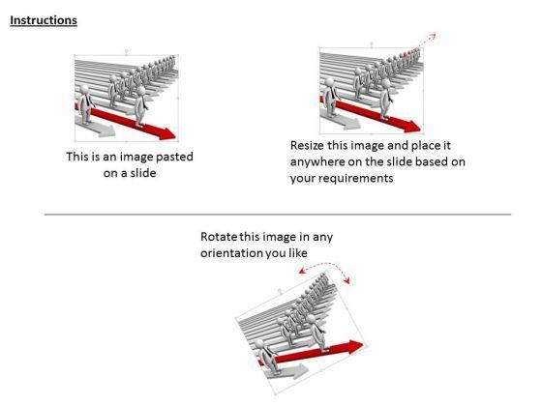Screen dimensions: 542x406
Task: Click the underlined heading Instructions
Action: pyautogui.click(x=44, y=20)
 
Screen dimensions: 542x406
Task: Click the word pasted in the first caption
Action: pyautogui.click(x=174, y=157)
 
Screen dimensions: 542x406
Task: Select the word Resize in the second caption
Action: pyautogui.click(x=307, y=145)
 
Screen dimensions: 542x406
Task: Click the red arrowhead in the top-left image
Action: pyautogui.click(x=166, y=133)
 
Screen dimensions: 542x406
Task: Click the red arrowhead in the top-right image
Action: pyautogui.click(x=412, y=127)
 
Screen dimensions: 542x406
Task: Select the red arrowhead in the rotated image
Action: pyautogui.click(x=353, y=346)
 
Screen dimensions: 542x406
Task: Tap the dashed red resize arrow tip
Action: pyautogui.click(x=434, y=35)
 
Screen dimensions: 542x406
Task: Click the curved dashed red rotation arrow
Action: pyautogui.click(x=325, y=267)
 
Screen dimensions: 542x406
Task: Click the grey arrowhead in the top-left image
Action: pyautogui.click(x=106, y=130)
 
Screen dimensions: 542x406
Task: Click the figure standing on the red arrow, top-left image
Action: pyautogui.click(x=140, y=106)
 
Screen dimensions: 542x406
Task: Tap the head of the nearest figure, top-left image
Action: pyautogui.click(x=84, y=90)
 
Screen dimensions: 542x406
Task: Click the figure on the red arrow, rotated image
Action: pyautogui.click(x=318, y=333)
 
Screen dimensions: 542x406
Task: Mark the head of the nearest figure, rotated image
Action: pyautogui.click(x=259, y=344)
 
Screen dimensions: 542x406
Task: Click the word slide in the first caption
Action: pyautogui.click(x=142, y=173)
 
